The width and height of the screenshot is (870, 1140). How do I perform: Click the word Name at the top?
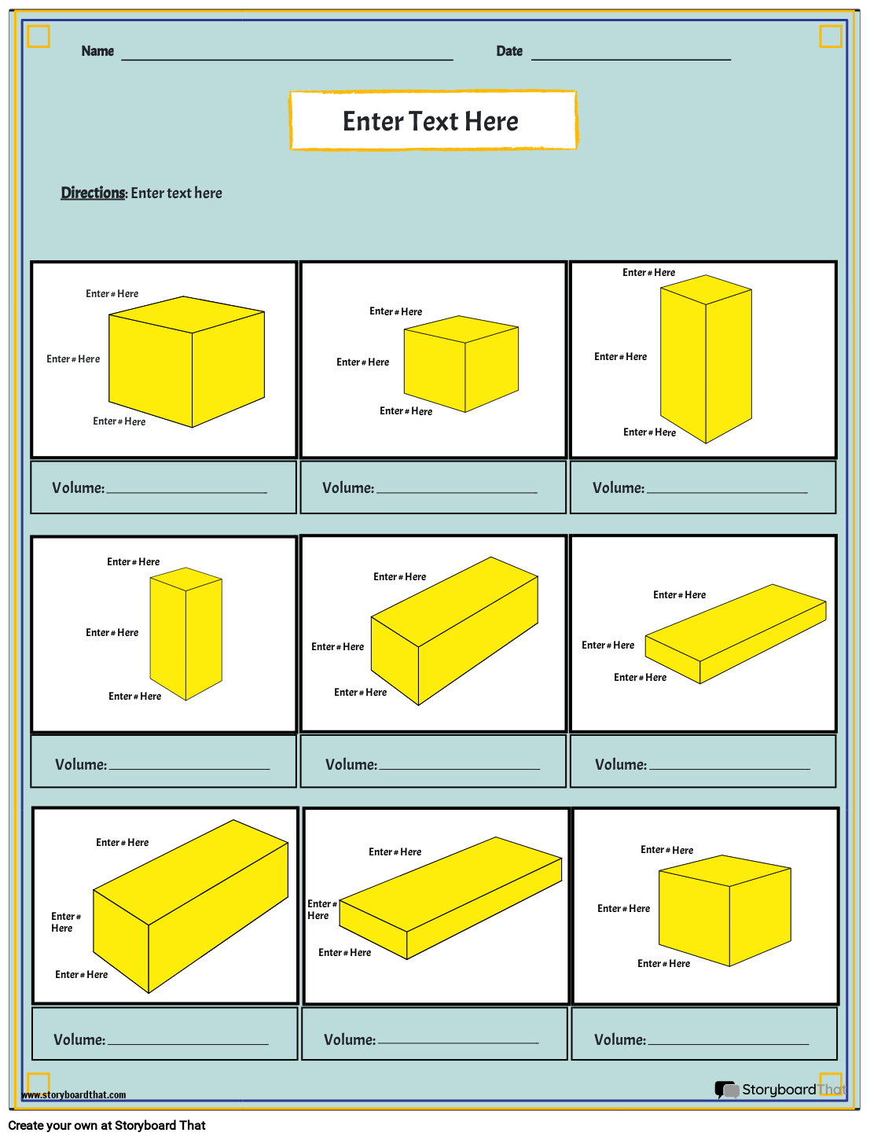tap(97, 51)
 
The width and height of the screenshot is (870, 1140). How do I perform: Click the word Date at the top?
tap(509, 51)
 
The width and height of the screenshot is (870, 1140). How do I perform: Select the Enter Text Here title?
tap(431, 121)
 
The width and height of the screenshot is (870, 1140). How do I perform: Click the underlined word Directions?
tap(93, 193)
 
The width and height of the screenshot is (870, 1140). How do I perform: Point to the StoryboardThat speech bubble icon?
tap(726, 1090)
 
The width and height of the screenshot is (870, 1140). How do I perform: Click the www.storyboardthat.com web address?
tap(73, 1095)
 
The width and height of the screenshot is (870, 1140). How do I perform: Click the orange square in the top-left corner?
tap(39, 36)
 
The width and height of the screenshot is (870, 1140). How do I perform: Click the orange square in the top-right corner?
tap(831, 36)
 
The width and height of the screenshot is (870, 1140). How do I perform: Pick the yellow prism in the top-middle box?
tap(461, 365)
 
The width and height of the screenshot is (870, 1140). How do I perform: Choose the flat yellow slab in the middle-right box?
tap(736, 633)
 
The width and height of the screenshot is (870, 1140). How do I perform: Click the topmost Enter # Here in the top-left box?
tap(112, 294)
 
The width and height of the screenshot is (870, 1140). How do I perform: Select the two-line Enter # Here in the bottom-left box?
tap(65, 922)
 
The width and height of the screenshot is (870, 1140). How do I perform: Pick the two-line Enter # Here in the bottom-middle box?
tap(321, 910)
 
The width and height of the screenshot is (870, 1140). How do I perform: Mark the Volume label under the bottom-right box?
tap(619, 1040)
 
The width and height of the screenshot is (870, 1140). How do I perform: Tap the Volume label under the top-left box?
tap(78, 488)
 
